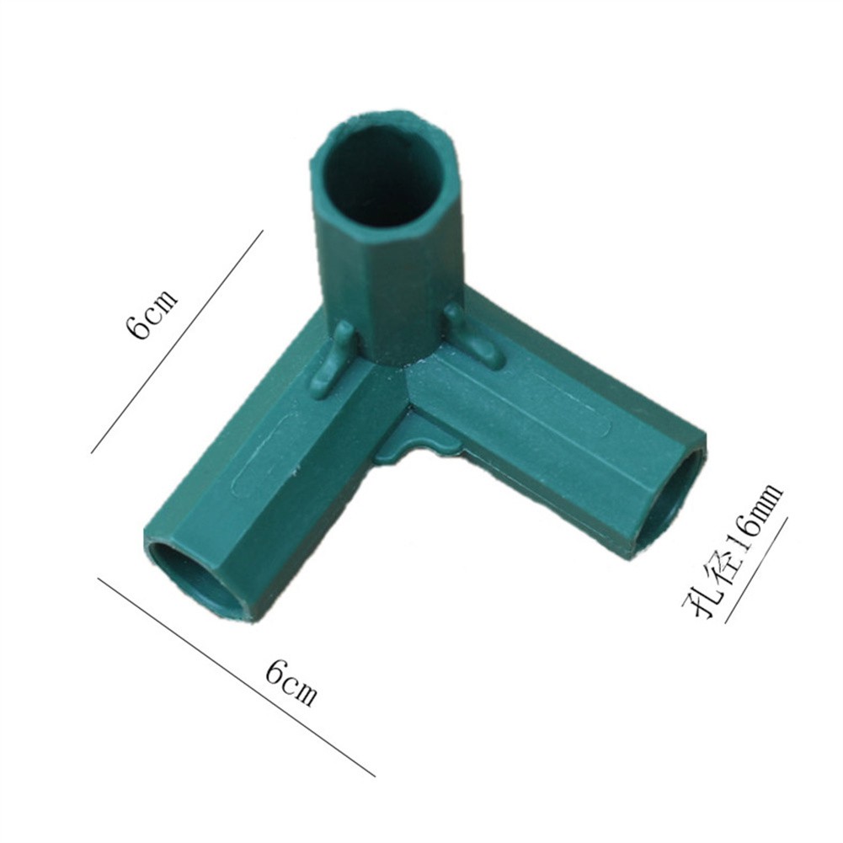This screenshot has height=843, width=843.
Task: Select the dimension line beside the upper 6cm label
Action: pos(177,341)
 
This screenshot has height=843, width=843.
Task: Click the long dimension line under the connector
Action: pos(236,677)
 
